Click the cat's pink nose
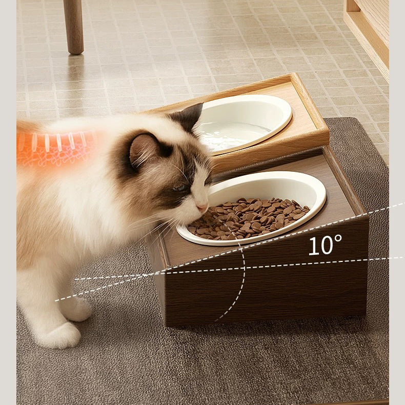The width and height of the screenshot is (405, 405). tap(202, 208)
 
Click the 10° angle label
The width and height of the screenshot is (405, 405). tap(325, 245)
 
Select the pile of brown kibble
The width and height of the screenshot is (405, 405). tap(249, 218)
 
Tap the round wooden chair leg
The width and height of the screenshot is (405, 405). tap(74, 27)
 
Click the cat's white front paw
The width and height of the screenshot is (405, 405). tap(60, 335)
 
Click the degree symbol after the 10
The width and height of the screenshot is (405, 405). tap(338, 238)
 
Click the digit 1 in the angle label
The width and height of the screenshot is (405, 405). tap(313, 246)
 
